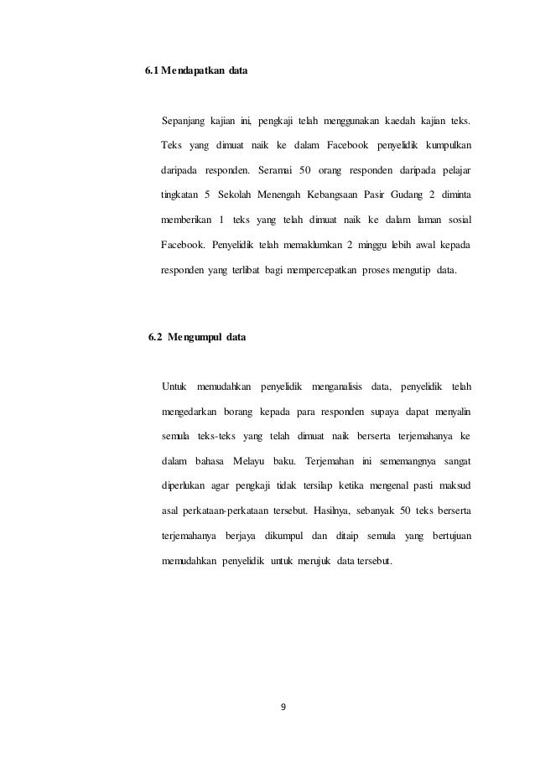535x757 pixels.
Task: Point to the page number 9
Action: [283, 706]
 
